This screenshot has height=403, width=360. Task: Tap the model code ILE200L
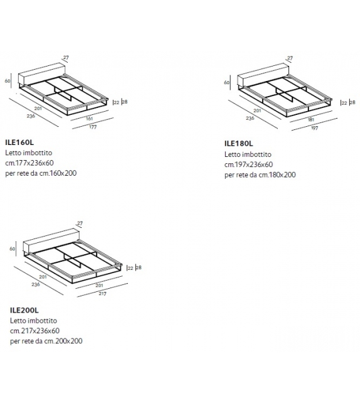(x=24, y=310)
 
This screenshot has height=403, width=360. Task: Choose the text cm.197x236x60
(x=250, y=164)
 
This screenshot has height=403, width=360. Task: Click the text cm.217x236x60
(x=34, y=330)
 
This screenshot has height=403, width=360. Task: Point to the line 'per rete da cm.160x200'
(x=45, y=173)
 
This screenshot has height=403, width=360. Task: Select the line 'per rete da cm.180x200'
(x=260, y=175)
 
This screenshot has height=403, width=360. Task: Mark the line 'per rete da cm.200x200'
(x=46, y=341)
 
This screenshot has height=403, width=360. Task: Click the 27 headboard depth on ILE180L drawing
(x=290, y=58)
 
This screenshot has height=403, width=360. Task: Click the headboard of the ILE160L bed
(x=39, y=73)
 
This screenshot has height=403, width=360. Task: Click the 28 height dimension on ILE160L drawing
(x=125, y=101)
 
